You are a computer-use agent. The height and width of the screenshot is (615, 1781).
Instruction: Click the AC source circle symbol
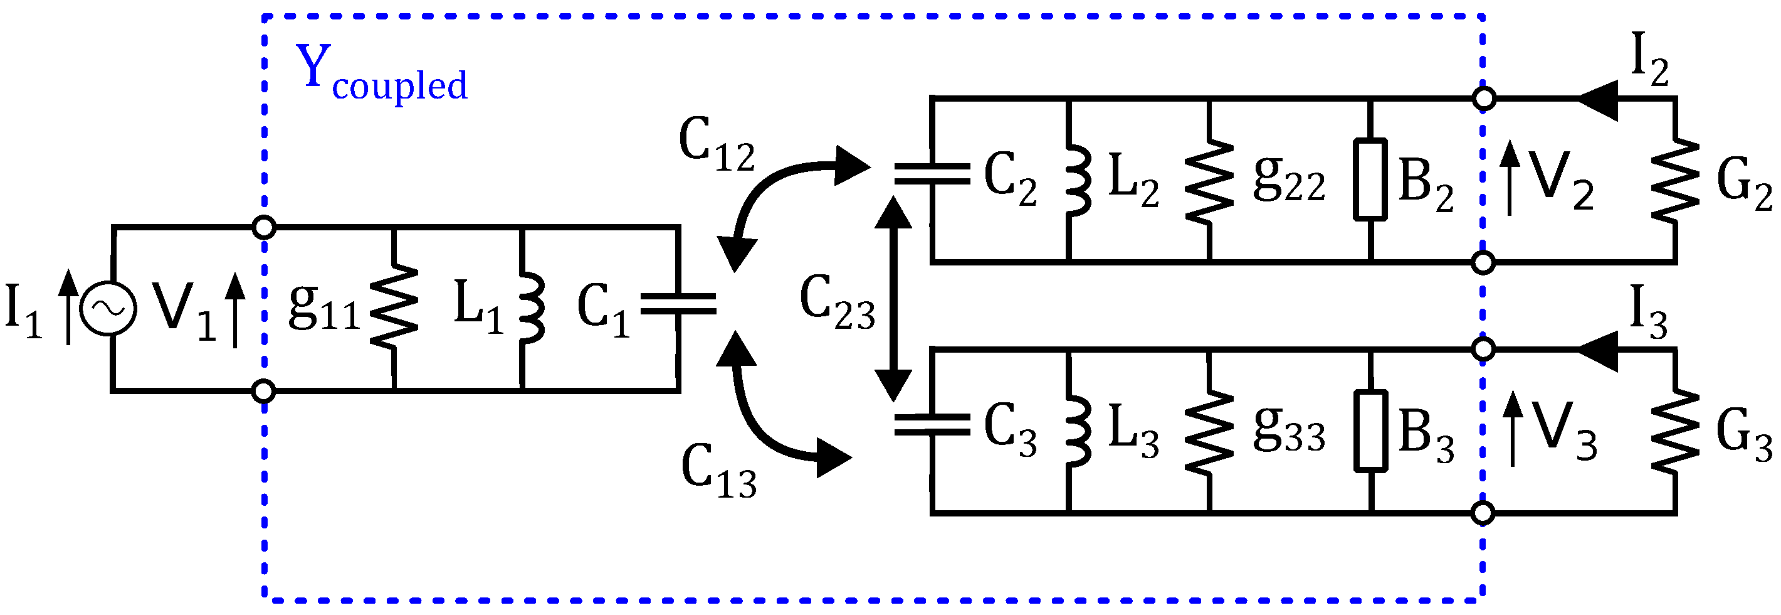pyautogui.click(x=108, y=309)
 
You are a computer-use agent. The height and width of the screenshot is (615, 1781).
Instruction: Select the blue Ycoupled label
pyautogui.click(x=381, y=73)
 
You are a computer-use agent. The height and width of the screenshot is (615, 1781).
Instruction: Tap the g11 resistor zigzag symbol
pyautogui.click(x=394, y=305)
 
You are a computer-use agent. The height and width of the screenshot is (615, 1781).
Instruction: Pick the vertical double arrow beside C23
pyautogui.click(x=893, y=298)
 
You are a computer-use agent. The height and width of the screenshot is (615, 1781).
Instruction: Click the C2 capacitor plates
pyautogui.click(x=932, y=174)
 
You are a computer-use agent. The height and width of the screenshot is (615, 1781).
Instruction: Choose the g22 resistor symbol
pyautogui.click(x=1209, y=181)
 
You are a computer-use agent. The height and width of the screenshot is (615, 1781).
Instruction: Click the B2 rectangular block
pyautogui.click(x=1370, y=180)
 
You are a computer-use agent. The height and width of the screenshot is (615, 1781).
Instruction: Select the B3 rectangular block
pyautogui.click(x=1370, y=432)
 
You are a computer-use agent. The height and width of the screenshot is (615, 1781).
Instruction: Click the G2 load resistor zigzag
pyautogui.click(x=1674, y=181)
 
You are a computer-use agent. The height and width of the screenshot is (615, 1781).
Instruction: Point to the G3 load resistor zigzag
pyautogui.click(x=1674, y=432)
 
